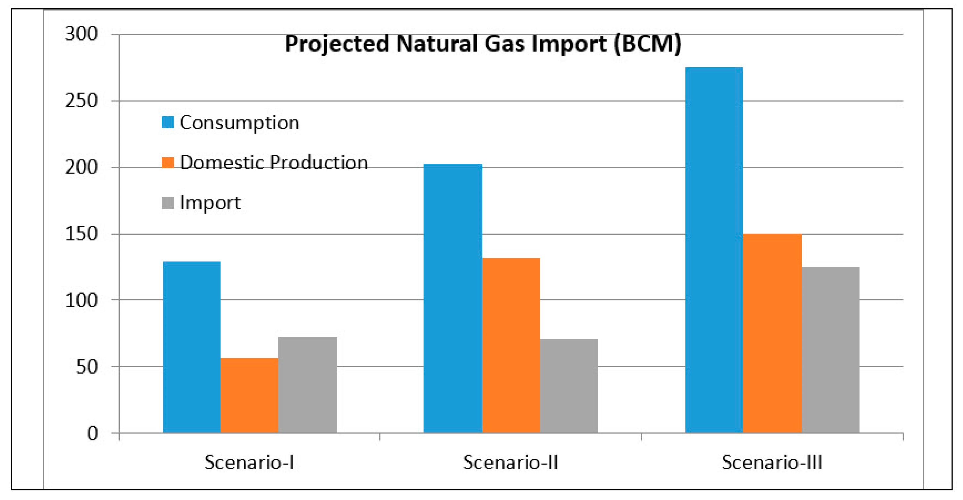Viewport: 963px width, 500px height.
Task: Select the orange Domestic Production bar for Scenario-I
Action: (249, 395)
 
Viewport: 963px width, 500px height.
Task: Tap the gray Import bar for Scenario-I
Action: (308, 385)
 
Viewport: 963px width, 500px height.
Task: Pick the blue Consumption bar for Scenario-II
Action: (453, 298)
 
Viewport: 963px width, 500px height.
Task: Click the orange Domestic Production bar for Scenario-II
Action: (511, 346)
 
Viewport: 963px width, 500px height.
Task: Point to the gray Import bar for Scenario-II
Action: (569, 386)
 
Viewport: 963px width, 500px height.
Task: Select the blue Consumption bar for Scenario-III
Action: (714, 250)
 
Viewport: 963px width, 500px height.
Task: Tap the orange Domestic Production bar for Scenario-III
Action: (772, 333)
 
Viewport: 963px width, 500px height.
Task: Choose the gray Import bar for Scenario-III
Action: (831, 350)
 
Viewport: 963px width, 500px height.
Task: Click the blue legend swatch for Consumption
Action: (168, 122)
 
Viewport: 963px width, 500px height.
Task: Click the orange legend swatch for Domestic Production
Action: (168, 162)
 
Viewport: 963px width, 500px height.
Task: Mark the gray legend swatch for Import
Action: (168, 203)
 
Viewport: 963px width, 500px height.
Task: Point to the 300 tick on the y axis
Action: (81, 34)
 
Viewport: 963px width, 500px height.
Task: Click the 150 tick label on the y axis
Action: (81, 234)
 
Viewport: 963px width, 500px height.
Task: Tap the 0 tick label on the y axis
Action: (92, 434)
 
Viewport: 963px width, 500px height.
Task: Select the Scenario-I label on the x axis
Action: (249, 462)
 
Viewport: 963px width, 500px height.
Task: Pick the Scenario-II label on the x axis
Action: (511, 462)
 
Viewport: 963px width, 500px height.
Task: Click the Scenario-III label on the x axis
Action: (772, 462)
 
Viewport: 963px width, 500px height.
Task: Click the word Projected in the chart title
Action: (338, 44)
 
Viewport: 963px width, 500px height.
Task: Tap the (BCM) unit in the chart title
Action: (648, 44)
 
